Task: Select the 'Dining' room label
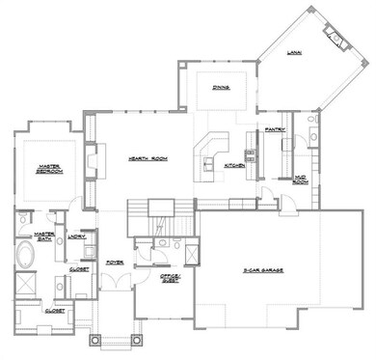(220, 87)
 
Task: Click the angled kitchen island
(208, 152)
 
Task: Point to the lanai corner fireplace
(336, 40)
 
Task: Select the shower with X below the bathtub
(24, 287)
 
